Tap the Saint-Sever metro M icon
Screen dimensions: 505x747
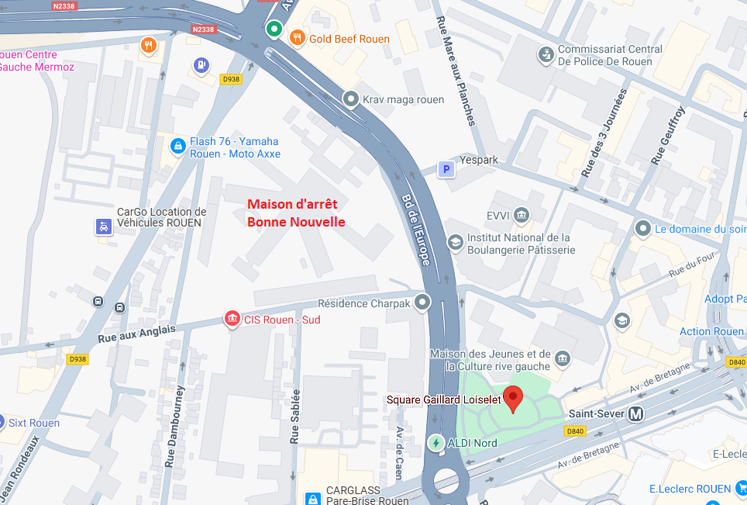point(635,413)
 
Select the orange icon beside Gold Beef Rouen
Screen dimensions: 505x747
point(296,37)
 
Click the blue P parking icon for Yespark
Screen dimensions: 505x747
point(446,168)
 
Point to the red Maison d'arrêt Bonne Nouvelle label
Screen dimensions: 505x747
point(296,213)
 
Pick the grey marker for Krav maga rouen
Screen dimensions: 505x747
point(351,99)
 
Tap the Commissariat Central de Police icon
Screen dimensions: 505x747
point(546,54)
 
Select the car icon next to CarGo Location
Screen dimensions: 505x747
point(102,227)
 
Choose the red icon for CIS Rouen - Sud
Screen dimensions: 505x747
point(231,319)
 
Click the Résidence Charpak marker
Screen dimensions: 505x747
point(422,302)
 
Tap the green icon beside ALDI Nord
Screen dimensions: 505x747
point(436,443)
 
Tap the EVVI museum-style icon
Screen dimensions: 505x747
point(521,214)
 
